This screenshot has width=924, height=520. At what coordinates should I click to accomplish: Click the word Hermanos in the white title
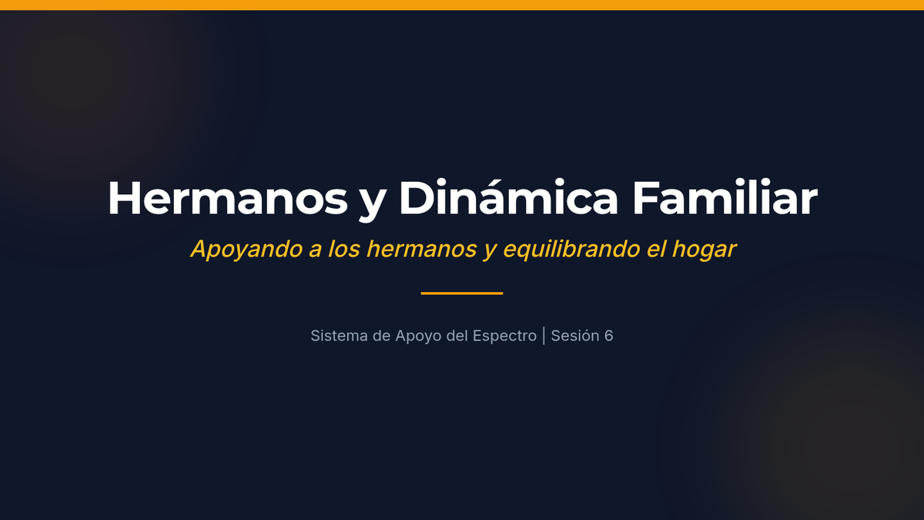tap(228, 198)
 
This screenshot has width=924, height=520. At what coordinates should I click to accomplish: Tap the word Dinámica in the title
tap(508, 197)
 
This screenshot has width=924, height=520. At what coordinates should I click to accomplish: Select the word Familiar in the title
tap(725, 197)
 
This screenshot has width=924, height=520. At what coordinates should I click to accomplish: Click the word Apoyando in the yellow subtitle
tap(246, 250)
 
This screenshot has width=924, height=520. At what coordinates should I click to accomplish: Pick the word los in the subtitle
tap(344, 249)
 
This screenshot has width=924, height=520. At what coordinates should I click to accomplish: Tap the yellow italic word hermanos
tap(422, 249)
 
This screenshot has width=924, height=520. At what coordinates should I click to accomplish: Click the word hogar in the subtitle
tap(704, 250)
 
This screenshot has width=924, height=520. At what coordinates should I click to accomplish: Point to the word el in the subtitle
tap(656, 249)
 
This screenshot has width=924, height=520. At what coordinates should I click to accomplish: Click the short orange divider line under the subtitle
tap(462, 294)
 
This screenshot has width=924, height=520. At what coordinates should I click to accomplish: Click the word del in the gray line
tap(457, 336)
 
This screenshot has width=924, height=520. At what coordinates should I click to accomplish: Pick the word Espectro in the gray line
tap(504, 337)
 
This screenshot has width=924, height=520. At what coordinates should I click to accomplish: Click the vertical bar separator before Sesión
tap(544, 336)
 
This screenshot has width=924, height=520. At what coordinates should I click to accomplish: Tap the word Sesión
tap(575, 336)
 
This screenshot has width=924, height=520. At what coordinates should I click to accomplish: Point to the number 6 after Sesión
tap(609, 336)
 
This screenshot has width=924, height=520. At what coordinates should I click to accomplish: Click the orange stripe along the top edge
tap(462, 5)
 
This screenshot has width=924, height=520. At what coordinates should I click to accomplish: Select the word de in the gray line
tap(382, 336)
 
